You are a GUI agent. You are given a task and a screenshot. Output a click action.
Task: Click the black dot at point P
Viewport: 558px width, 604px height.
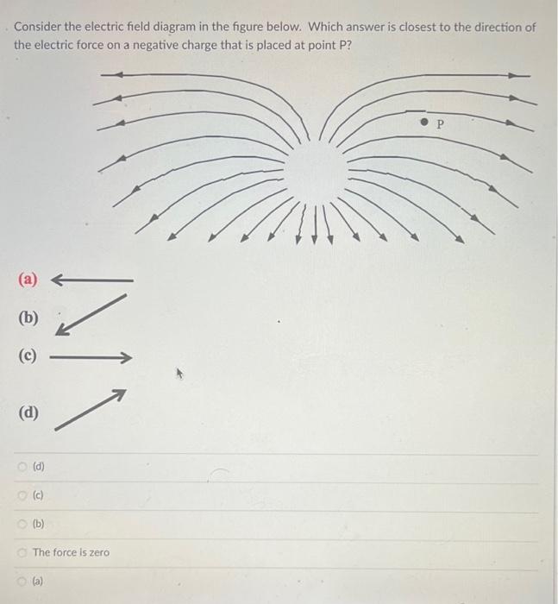tap(423, 123)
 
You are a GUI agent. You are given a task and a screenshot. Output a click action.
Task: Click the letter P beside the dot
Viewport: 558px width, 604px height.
tap(439, 124)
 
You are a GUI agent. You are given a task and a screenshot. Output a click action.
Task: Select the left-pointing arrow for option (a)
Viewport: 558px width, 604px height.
tap(92, 280)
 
